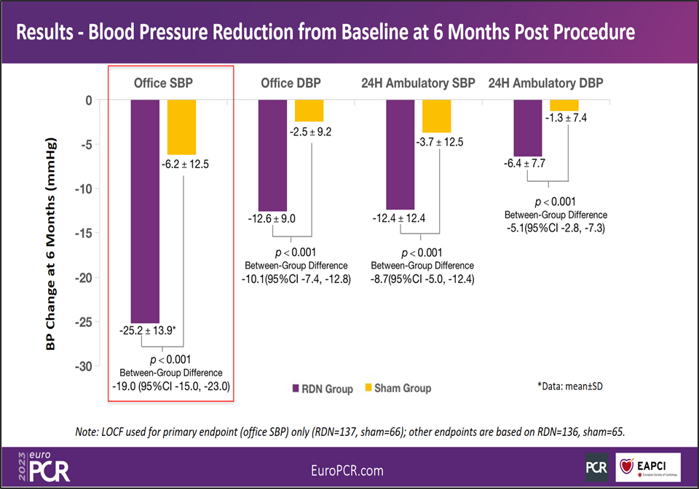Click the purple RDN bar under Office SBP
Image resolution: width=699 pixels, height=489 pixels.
click(x=145, y=211)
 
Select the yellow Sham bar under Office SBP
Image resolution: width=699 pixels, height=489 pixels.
click(x=181, y=127)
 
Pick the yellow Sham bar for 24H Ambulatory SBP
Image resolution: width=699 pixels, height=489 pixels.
click(x=437, y=116)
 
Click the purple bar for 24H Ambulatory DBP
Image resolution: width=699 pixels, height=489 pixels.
click(x=528, y=128)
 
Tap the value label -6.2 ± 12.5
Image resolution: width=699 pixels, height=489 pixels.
click(x=183, y=164)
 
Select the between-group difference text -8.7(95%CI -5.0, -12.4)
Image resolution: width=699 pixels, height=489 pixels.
click(x=422, y=278)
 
